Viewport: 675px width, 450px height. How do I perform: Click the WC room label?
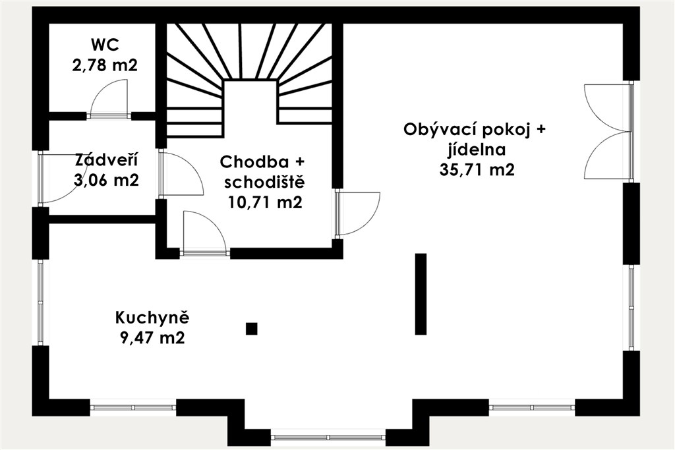point(105,44)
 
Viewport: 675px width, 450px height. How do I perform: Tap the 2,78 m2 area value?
point(105,66)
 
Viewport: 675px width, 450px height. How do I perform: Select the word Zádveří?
point(106,160)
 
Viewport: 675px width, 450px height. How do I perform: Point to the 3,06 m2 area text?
point(106,180)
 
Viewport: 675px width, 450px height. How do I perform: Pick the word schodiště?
point(265,183)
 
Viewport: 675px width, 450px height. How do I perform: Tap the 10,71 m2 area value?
point(265,202)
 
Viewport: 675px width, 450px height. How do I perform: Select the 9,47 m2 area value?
point(152,338)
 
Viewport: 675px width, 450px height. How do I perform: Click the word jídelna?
point(477,150)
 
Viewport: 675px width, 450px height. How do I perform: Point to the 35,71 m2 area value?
point(477,170)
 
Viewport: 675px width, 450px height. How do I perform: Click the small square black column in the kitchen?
point(252,329)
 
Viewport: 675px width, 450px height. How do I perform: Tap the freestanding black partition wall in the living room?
point(421,294)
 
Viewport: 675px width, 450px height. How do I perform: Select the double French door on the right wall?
point(608,132)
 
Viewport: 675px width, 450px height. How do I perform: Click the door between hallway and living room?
point(357,214)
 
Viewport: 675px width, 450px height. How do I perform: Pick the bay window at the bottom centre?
point(329,437)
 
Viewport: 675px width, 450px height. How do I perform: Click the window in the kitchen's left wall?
point(41,302)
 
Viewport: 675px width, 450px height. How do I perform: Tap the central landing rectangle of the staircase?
point(250,109)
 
